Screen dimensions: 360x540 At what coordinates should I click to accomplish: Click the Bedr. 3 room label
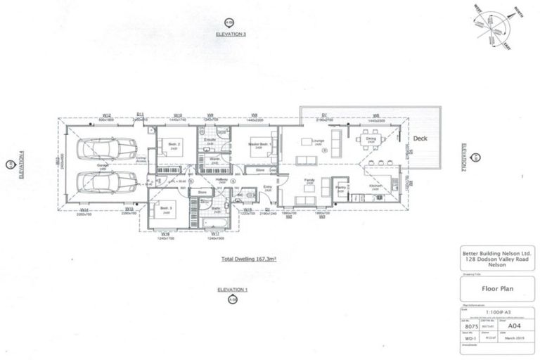point(166,207)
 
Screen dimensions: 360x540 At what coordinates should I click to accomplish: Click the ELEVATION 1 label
point(233,290)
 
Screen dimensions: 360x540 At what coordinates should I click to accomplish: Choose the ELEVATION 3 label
point(233,34)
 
